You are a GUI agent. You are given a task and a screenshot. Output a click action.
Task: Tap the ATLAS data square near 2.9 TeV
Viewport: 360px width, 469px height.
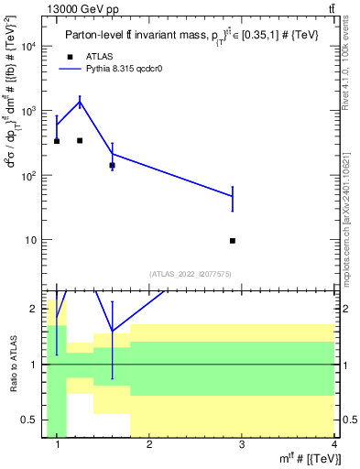(x=233, y=241)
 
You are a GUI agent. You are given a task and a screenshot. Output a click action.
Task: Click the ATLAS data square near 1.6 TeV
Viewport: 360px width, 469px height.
(x=112, y=166)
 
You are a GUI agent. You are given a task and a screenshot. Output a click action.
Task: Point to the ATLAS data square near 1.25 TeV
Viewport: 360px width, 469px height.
(x=80, y=140)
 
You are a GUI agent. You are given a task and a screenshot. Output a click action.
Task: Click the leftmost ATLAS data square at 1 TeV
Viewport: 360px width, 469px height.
(x=57, y=141)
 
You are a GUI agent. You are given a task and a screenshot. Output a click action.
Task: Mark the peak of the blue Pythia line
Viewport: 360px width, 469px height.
(x=80, y=103)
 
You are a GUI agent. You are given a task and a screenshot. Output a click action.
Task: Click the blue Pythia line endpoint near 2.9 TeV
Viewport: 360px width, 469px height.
(x=233, y=197)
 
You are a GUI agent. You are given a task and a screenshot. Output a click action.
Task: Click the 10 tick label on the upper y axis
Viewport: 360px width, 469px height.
(x=29, y=240)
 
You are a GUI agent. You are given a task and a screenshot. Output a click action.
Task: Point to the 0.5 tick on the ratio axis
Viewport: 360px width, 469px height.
(x=28, y=420)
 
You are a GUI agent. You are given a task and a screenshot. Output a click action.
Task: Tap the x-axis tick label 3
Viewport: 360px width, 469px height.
(x=241, y=446)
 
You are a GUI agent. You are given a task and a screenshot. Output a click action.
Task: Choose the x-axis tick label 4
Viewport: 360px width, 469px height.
(x=333, y=446)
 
